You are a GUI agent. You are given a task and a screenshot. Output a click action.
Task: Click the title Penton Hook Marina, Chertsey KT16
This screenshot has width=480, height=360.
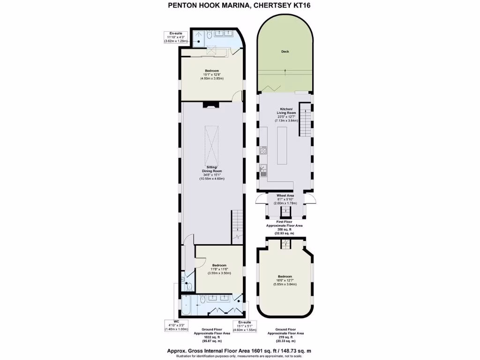click(x=239, y=6)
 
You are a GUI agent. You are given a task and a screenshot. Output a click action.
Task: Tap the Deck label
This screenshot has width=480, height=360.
click(x=285, y=52)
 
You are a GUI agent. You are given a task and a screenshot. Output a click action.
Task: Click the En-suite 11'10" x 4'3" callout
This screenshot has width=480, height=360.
click(x=176, y=37)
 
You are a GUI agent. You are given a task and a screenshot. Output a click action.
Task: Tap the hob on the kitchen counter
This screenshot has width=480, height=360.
click(x=263, y=151)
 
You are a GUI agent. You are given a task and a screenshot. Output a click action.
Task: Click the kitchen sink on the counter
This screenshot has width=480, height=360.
click(x=263, y=169)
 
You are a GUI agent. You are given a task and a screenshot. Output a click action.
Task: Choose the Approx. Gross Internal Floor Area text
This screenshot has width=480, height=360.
click(x=239, y=351)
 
